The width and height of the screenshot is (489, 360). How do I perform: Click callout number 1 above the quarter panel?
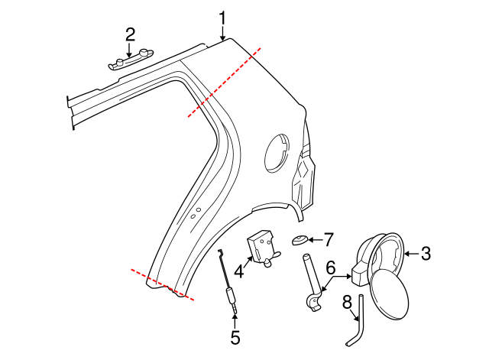point(223,18)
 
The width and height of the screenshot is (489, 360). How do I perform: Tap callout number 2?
point(131,34)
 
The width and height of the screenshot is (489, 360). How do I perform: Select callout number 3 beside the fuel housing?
point(426,254)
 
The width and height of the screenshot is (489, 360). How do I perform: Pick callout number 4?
point(238,270)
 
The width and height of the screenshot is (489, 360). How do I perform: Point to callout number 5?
point(235,336)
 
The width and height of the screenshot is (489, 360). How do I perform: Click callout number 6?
point(331,268)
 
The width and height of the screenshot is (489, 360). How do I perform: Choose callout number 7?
point(329,239)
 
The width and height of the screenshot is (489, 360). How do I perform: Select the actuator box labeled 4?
point(262,249)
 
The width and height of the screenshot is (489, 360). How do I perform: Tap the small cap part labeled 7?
point(300,242)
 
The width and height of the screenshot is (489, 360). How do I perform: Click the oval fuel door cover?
point(389,300)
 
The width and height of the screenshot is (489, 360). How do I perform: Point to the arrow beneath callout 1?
point(223,33)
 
